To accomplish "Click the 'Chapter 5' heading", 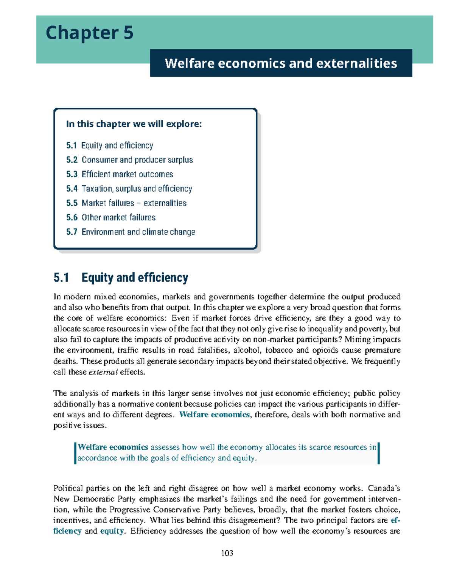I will (x=89, y=33).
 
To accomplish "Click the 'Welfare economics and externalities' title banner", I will (x=281, y=63).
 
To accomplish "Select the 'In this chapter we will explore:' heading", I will (x=134, y=124).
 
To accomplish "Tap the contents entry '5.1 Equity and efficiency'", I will (x=109, y=146).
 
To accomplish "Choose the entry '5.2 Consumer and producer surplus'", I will (x=129, y=160).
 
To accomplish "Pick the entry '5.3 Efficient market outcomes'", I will (x=120, y=174).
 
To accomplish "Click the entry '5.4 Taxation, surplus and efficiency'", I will (x=129, y=189).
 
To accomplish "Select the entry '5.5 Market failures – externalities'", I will (x=126, y=203).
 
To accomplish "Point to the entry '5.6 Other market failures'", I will (x=111, y=217).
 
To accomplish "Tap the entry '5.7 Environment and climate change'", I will (x=131, y=232).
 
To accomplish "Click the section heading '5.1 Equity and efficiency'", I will (x=121, y=277).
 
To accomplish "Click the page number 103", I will (x=227, y=553).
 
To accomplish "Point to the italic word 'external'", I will (x=103, y=372).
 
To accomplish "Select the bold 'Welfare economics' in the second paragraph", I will (x=214, y=415).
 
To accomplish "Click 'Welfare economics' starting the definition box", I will (x=113, y=447).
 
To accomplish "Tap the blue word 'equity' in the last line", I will (x=112, y=531).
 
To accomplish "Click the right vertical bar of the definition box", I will (x=378, y=453).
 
